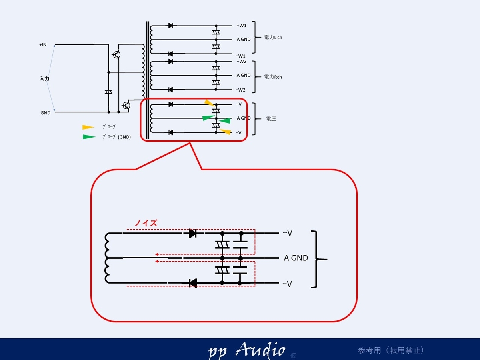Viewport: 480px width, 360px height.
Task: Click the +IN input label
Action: pos(43,44)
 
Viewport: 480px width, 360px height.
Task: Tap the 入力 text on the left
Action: pos(44,78)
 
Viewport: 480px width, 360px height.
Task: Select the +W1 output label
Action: pos(242,26)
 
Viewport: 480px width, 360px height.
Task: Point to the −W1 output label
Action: pos(240,56)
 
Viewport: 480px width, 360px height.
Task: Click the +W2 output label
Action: pos(242,62)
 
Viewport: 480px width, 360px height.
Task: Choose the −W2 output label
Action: pos(240,90)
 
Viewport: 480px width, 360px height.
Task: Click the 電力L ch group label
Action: pos(273,37)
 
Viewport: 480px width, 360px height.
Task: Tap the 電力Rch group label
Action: pos(273,77)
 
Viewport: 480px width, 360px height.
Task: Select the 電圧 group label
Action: pos(271,119)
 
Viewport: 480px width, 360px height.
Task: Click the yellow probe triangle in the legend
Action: pos(88,127)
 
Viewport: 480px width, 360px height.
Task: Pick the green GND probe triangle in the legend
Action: pos(89,137)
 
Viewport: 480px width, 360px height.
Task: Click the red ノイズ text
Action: pos(146,223)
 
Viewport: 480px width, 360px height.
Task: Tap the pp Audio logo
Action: pos(247,350)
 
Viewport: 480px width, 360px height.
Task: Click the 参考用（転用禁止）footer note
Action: pos(391,350)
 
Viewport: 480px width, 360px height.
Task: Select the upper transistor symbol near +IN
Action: pos(116,55)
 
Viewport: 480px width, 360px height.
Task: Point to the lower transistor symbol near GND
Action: pos(126,106)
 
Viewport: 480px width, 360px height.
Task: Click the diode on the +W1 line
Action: pos(170,26)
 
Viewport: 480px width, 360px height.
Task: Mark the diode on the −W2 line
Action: pos(170,90)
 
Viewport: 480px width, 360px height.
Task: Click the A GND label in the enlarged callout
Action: pos(296,258)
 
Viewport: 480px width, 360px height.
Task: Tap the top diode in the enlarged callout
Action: pos(193,234)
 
